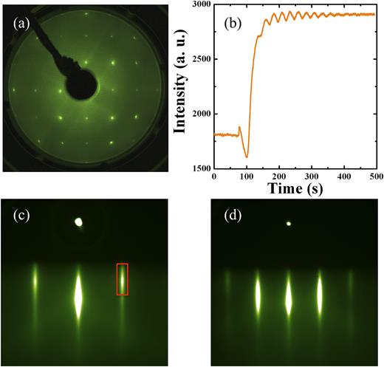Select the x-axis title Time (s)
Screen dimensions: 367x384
[294, 189]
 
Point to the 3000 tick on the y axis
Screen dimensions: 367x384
[199, 5]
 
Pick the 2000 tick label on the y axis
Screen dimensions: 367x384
[199, 114]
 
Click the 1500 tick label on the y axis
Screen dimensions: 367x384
[199, 168]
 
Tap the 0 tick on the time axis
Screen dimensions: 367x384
[214, 177]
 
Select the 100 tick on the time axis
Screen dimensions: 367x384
[246, 177]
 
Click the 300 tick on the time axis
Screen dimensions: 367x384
[310, 177]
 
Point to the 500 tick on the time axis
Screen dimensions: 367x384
[374, 177]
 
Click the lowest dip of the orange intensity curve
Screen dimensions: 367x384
[247, 157]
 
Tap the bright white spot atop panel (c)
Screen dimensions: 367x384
[78, 222]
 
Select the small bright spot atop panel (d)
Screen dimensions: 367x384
[289, 223]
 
